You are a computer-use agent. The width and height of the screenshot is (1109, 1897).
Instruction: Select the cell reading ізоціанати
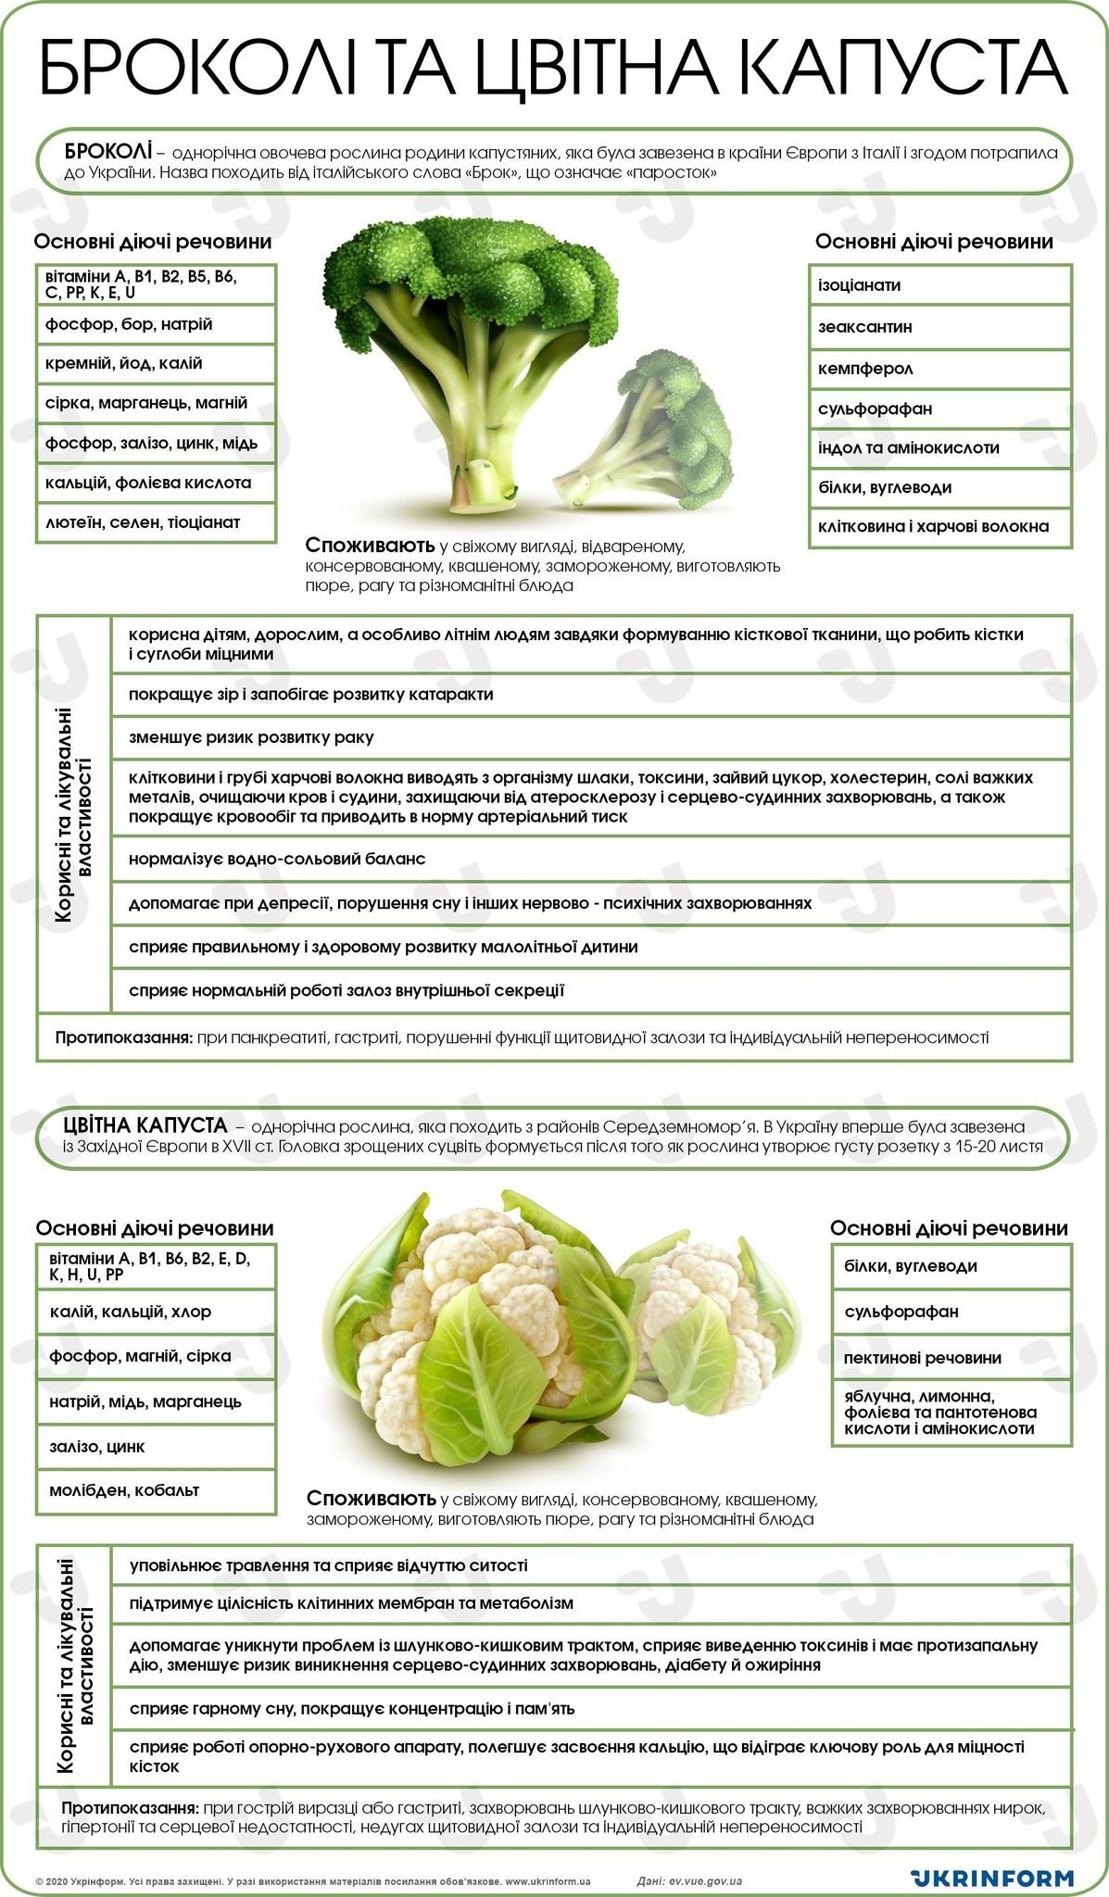tap(939, 285)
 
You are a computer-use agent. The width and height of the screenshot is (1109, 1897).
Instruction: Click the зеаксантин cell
tap(939, 327)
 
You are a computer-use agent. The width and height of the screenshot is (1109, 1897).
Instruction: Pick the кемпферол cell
tap(939, 369)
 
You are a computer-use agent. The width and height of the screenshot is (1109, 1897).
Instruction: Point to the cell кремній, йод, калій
tap(156, 364)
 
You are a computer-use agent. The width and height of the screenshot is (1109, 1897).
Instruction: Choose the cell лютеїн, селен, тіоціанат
tap(156, 522)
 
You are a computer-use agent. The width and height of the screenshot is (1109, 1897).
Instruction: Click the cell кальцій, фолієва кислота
tap(156, 483)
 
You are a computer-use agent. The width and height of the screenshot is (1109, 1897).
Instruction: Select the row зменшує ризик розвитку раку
tap(590, 738)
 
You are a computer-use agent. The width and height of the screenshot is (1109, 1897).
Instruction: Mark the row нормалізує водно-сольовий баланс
tap(590, 860)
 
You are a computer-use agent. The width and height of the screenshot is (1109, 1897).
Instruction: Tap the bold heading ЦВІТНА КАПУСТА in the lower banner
tap(145, 1125)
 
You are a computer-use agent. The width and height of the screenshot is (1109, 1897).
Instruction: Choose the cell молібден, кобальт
tap(156, 1490)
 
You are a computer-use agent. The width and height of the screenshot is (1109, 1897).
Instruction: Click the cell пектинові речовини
tap(951, 1358)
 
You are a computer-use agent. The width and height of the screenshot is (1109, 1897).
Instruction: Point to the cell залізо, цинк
tap(156, 1447)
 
